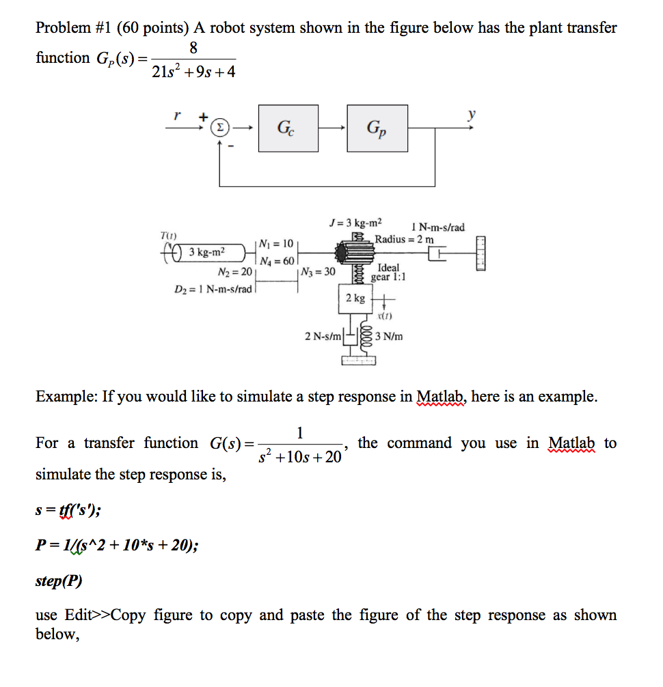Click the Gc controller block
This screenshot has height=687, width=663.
pyautogui.click(x=288, y=128)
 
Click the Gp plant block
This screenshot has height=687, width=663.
pyautogui.click(x=377, y=128)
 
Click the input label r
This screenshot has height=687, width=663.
pyautogui.click(x=177, y=115)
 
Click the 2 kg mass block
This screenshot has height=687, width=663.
pyautogui.click(x=355, y=298)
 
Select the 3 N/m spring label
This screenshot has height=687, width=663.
pyautogui.click(x=389, y=336)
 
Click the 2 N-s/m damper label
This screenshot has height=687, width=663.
pyautogui.click(x=323, y=336)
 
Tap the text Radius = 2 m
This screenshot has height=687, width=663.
pyautogui.click(x=403, y=239)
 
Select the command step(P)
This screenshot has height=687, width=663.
pyautogui.click(x=58, y=582)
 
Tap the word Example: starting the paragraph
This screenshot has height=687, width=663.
pyautogui.click(x=66, y=397)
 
